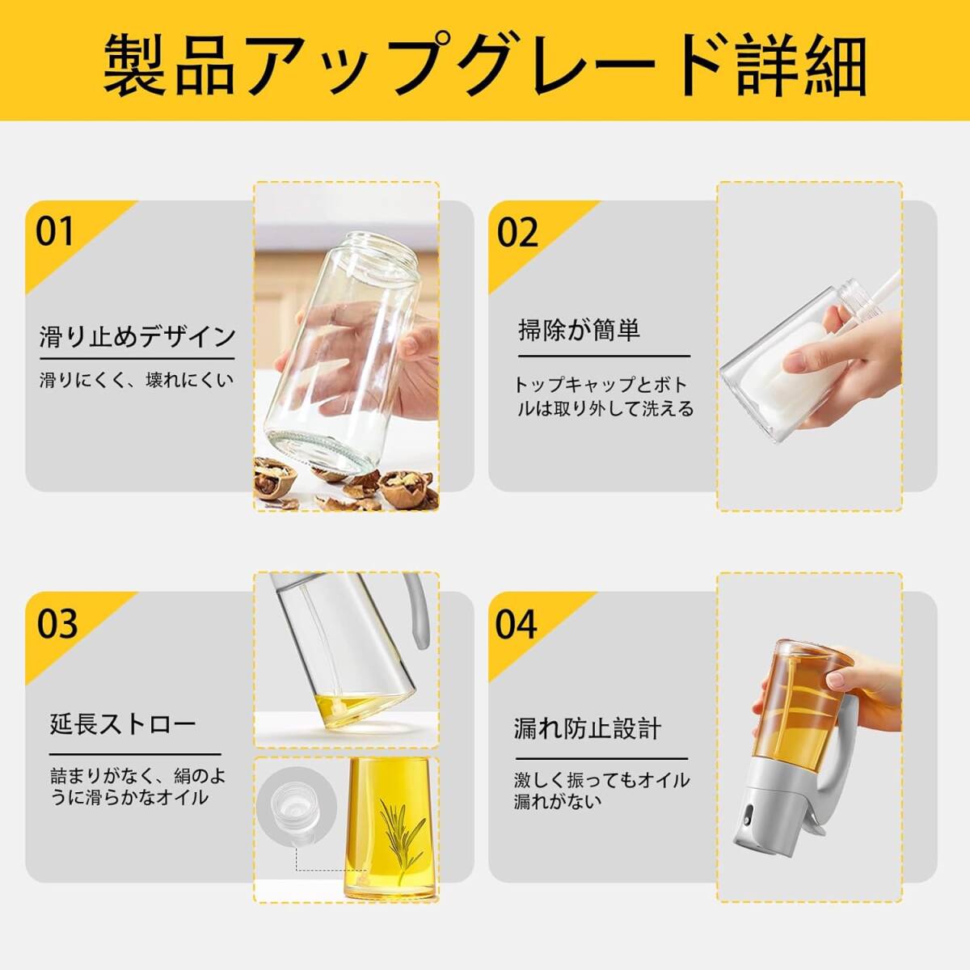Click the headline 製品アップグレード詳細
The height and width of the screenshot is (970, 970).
pos(485,65)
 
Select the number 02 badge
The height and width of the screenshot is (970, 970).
pos(517,232)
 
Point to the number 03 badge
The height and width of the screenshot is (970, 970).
pos(57,623)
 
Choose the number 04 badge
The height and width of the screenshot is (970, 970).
pos(516,624)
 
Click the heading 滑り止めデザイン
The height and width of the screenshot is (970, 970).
pos(137,336)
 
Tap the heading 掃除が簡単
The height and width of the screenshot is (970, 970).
pos(579,331)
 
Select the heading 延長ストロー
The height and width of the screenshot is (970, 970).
pos(122,724)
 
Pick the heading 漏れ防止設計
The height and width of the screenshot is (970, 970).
pos(588,728)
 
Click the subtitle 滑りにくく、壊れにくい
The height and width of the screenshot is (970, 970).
pos(137,380)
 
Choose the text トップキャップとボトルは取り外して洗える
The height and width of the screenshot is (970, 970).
pos(603,397)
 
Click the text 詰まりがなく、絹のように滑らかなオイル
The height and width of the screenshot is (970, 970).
pos(137,787)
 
